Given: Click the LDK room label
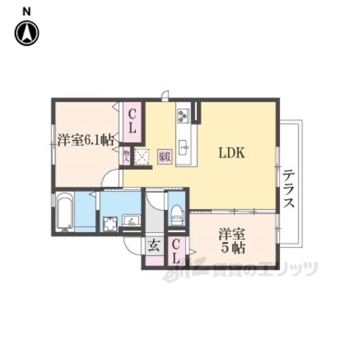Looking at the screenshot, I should [x=231, y=154].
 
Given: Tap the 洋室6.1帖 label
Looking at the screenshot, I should [x=86, y=140].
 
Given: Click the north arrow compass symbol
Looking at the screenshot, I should [x=26, y=33].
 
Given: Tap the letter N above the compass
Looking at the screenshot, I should [x=26, y=10].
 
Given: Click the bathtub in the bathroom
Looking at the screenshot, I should [x=65, y=212].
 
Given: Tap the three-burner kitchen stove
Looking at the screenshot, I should [x=183, y=115].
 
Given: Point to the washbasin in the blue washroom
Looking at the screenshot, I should [x=132, y=221].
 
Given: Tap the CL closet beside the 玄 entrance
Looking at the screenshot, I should [x=175, y=251].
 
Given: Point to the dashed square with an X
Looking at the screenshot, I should [x=142, y=156].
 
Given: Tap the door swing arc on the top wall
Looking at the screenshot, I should [x=164, y=95].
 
